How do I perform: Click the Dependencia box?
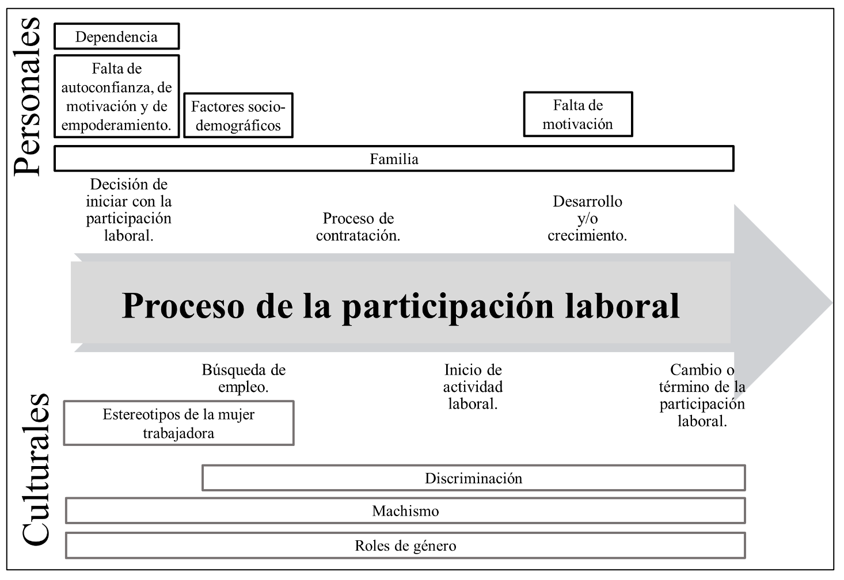[116, 36]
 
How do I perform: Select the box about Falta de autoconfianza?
[116, 97]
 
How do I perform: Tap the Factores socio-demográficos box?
[238, 116]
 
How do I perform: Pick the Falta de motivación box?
[578, 114]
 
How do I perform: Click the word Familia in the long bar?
[394, 159]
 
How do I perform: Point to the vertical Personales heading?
[27, 97]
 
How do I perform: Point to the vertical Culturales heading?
[36, 470]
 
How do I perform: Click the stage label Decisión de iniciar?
[129, 210]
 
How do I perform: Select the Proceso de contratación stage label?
[358, 227]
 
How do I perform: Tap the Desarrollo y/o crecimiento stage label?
[587, 218]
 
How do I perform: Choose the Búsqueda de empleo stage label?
[244, 378]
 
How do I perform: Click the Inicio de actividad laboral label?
[473, 387]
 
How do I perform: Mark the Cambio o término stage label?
[702, 395]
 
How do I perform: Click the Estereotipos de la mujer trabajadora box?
[178, 423]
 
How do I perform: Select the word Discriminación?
[474, 478]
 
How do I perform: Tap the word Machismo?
[405, 511]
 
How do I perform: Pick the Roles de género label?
[405, 546]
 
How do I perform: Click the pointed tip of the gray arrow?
[832, 303]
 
